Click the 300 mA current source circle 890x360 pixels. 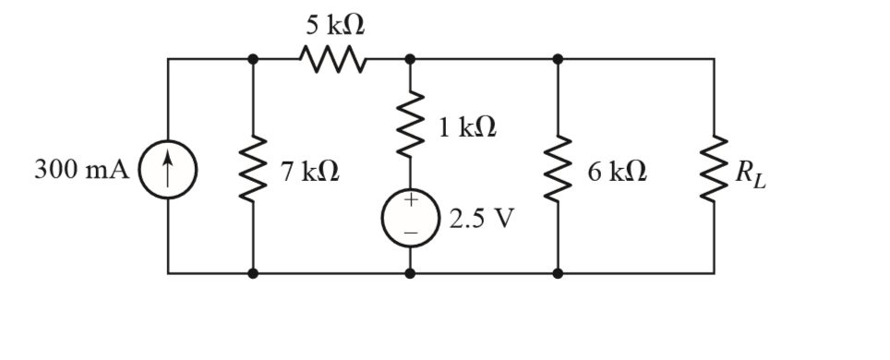pos(167,171)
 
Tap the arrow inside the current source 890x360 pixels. pos(167,170)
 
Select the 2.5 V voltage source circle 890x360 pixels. pos(409,220)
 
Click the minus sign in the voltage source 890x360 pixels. pos(409,234)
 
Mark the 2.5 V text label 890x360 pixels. pos(481,220)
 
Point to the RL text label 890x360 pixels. pos(750,173)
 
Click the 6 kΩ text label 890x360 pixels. pos(616,171)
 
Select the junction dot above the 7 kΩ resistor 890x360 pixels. pos(253,59)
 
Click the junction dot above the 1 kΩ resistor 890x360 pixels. pos(409,59)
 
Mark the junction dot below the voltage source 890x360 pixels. pos(409,273)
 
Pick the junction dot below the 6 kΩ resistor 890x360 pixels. pos(558,273)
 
